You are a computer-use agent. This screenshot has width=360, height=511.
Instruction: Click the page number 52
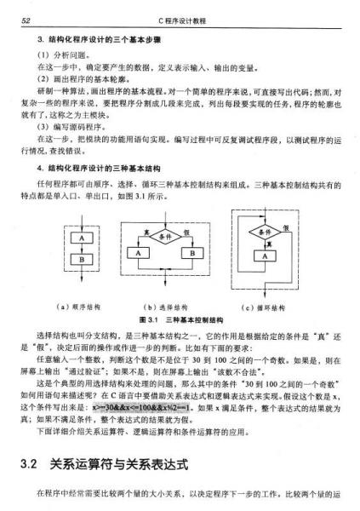[26, 19]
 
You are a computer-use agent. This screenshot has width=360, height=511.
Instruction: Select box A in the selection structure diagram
[136, 253]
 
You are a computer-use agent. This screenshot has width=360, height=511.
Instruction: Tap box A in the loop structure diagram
[267, 255]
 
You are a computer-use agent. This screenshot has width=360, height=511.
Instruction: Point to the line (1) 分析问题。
[59, 55]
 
